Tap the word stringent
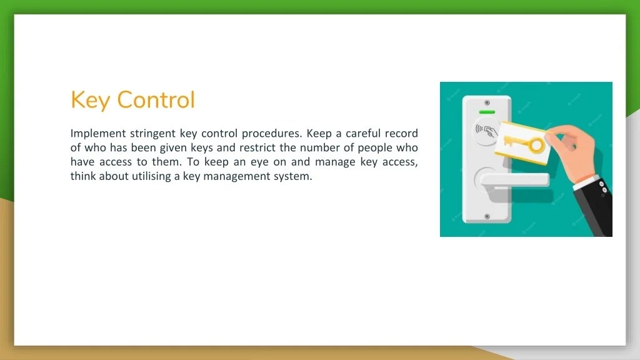152,133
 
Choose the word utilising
141,176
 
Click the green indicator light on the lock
486,113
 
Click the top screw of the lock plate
486,102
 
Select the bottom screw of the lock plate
486,217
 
